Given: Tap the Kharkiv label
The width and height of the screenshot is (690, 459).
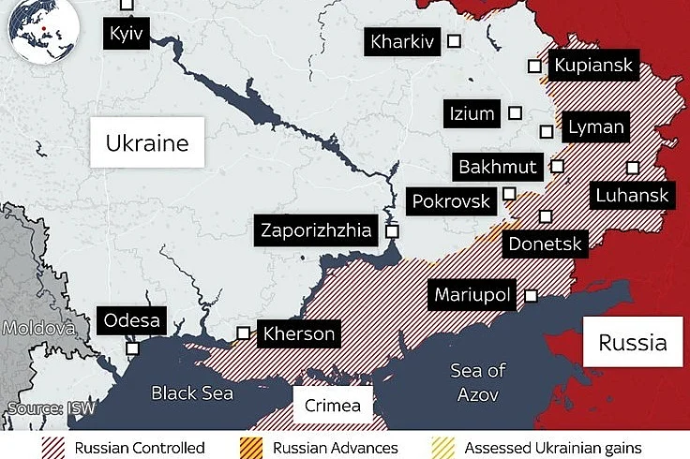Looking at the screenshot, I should tap(402, 41).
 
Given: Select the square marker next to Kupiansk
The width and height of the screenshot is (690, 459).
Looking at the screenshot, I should tap(534, 67).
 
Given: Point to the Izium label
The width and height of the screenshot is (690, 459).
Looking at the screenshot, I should tap(472, 114).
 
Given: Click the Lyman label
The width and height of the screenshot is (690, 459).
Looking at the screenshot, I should tap(595, 127).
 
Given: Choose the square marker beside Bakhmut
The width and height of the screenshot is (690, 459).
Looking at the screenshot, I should tap(558, 167).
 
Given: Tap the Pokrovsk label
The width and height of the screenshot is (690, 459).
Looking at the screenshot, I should tap(452, 201).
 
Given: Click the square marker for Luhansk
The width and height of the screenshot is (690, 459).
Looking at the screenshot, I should tap(633, 167).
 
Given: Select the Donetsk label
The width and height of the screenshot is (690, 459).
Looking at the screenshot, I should tap(545, 245).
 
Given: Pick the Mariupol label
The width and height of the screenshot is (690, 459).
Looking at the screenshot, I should tap(472, 296).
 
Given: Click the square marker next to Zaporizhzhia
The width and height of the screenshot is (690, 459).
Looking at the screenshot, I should tap(392, 229).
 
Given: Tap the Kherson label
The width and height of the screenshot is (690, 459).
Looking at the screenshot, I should tap(298, 333).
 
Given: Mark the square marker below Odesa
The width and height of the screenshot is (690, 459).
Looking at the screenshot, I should tap(133, 348).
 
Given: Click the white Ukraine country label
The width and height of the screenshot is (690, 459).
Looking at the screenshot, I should tap(147, 143).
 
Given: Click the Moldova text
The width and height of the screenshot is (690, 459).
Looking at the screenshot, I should tap(37, 329).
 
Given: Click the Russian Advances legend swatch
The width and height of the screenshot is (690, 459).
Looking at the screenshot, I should tap(252, 448).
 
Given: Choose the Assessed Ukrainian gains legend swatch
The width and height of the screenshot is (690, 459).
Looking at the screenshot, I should tap(444, 448).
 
